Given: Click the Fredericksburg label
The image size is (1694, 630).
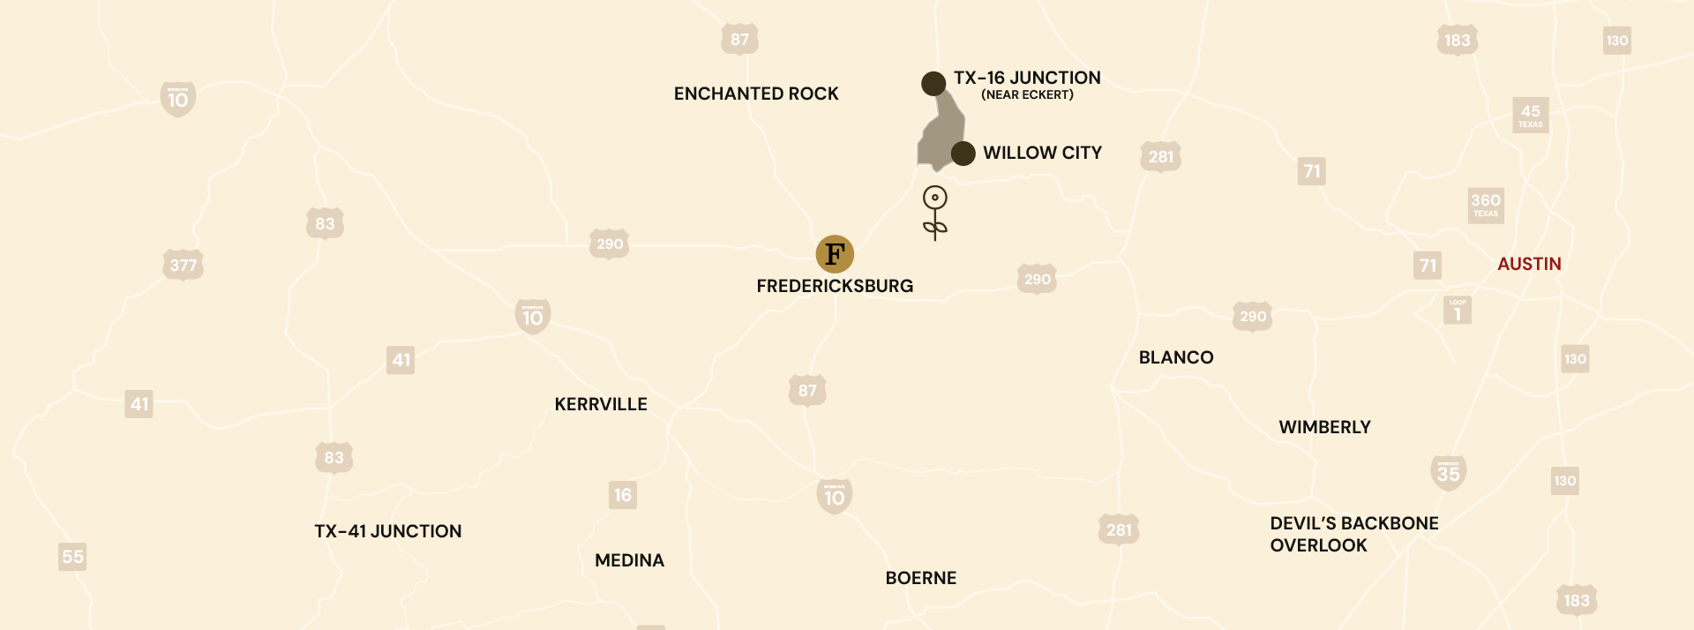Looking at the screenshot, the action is tap(835, 286).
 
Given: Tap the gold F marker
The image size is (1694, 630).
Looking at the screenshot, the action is tap(835, 254).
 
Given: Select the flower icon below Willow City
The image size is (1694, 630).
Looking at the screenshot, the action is tap(934, 212).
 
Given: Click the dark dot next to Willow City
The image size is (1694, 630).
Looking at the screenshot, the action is tap(963, 154).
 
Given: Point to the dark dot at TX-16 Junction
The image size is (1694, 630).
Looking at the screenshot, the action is tap(933, 84).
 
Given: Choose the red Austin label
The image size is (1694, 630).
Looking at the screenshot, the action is tap(1529, 264).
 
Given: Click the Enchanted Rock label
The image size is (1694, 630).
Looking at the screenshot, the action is tap(756, 94).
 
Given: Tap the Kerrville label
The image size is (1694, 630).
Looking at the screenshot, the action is tap(601, 404).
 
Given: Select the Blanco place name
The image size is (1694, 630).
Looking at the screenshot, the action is tap(1176, 357).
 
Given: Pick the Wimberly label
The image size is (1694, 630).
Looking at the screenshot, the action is tap(1324, 427).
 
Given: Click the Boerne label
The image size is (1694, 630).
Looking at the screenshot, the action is tap(920, 578).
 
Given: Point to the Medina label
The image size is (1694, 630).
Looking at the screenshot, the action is tap(629, 560).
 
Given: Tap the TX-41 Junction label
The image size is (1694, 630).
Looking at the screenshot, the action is tap(388, 531).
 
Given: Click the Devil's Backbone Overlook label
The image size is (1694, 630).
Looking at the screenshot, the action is tap(1353, 534).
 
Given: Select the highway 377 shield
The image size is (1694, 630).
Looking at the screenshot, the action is tap(184, 265).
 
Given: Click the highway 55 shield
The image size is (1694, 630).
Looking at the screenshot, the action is tap(72, 557).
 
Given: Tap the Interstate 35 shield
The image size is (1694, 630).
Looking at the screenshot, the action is tap(1448, 473).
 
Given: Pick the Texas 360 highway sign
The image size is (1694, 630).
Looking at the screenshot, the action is tap(1486, 205).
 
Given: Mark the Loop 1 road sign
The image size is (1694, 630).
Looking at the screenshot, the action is tap(1458, 311).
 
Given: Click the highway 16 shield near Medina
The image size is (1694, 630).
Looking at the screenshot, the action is tap(623, 495).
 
